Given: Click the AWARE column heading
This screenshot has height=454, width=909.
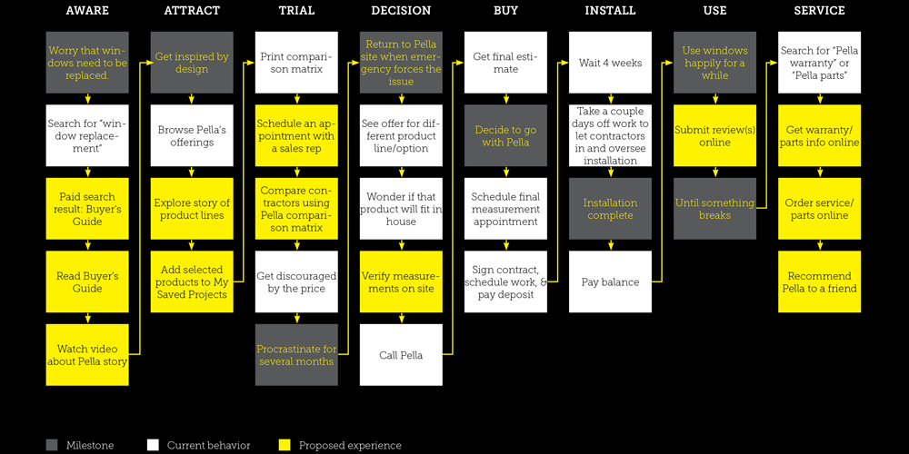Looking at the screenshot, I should pyautogui.click(x=87, y=11).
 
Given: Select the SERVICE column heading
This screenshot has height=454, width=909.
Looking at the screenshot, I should pyautogui.click(x=819, y=11).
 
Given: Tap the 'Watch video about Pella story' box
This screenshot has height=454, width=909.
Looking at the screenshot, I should pyautogui.click(x=87, y=355).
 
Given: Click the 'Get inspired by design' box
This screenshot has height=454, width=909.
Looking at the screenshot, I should pyautogui.click(x=192, y=63).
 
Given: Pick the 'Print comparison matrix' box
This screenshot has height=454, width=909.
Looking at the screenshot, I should pyautogui.click(x=296, y=63).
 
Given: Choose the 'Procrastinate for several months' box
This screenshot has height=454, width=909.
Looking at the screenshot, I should pyautogui.click(x=296, y=355).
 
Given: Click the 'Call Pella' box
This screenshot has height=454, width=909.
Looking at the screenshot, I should pyautogui.click(x=401, y=355).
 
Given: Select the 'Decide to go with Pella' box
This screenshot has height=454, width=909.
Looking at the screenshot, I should pyautogui.click(x=505, y=136).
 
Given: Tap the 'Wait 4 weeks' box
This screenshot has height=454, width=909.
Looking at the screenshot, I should pyautogui.click(x=610, y=63).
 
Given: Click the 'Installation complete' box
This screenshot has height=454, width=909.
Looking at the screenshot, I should pyautogui.click(x=610, y=209).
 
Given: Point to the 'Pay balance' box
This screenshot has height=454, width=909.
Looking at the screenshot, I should pyautogui.click(x=610, y=282).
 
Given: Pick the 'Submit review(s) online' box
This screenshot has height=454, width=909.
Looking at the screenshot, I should pyautogui.click(x=714, y=136).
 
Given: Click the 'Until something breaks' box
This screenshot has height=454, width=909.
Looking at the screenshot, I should pyautogui.click(x=714, y=209).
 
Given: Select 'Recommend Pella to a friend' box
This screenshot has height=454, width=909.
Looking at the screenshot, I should pyautogui.click(x=819, y=282).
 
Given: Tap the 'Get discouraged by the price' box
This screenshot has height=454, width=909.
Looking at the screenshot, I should pyautogui.click(x=296, y=282).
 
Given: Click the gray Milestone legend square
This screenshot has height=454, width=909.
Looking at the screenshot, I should pyautogui.click(x=52, y=445).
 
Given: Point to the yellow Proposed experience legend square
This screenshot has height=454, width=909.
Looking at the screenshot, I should pyautogui.click(x=285, y=445).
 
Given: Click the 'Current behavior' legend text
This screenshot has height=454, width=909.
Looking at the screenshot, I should pyautogui.click(x=208, y=446).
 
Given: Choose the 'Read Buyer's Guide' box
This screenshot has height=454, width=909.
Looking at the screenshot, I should pyautogui.click(x=87, y=282).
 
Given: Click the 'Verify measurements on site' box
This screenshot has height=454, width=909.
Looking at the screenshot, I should pyautogui.click(x=401, y=282).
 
